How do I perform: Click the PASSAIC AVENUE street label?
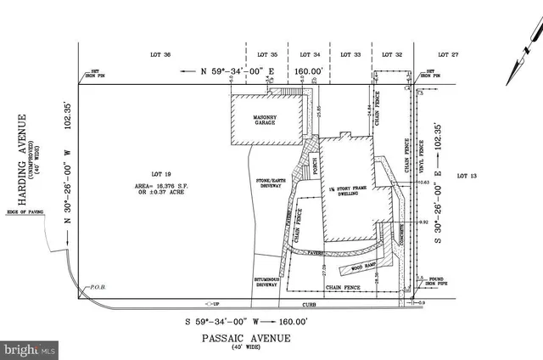pyautogui.click(x=247, y=338)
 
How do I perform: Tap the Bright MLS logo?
pyautogui.click(x=31, y=349)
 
